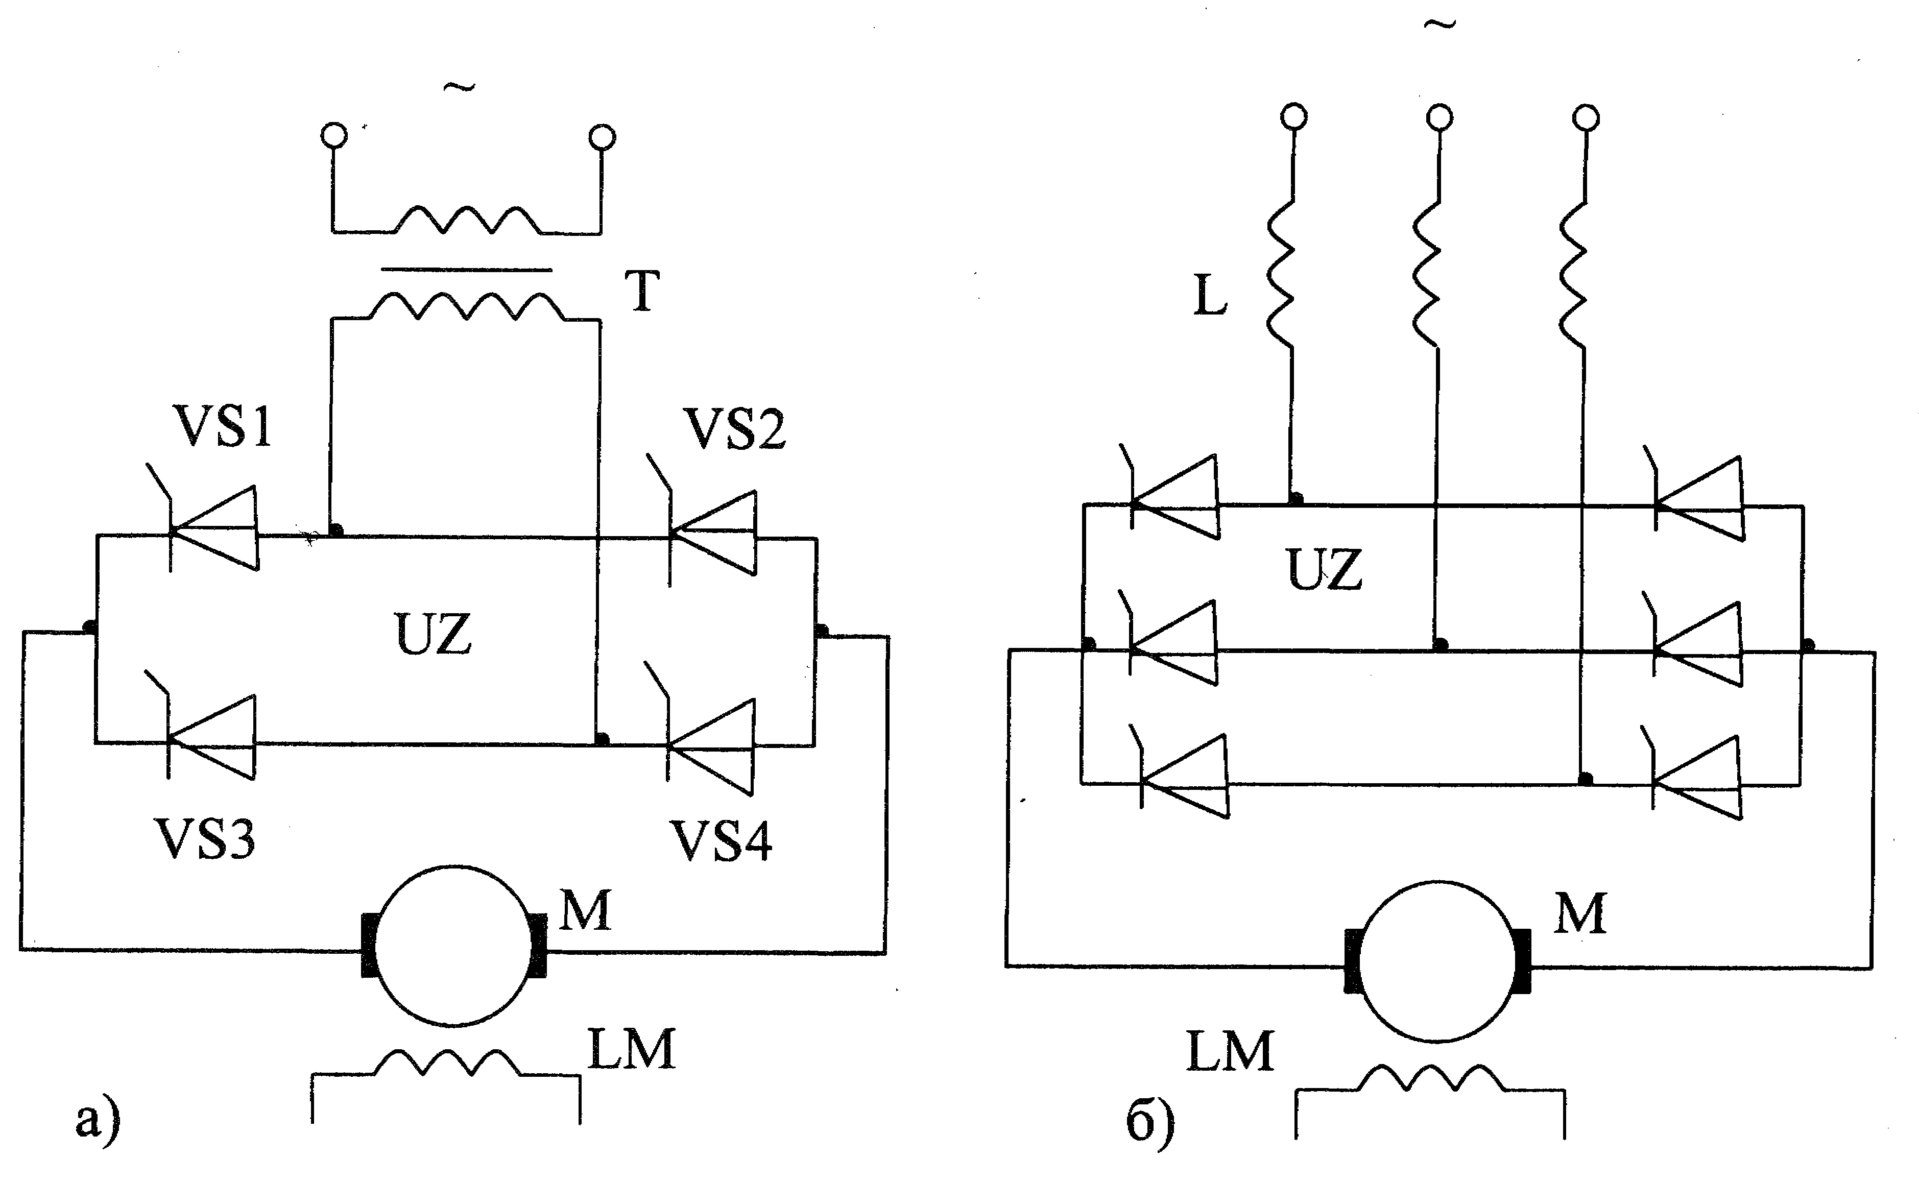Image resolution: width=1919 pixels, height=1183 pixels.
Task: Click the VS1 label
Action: (x=224, y=427)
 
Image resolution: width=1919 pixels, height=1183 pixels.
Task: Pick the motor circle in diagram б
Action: (x=1438, y=961)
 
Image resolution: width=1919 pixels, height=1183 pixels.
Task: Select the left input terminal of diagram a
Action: (x=333, y=135)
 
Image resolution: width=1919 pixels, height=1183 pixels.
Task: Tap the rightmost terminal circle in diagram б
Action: (x=1586, y=117)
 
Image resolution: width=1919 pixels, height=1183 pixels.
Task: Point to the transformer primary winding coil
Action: (x=468, y=220)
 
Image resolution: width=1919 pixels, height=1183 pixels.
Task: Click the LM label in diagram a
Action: (x=631, y=1050)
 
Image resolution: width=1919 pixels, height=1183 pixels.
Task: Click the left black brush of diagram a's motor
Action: (x=369, y=945)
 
